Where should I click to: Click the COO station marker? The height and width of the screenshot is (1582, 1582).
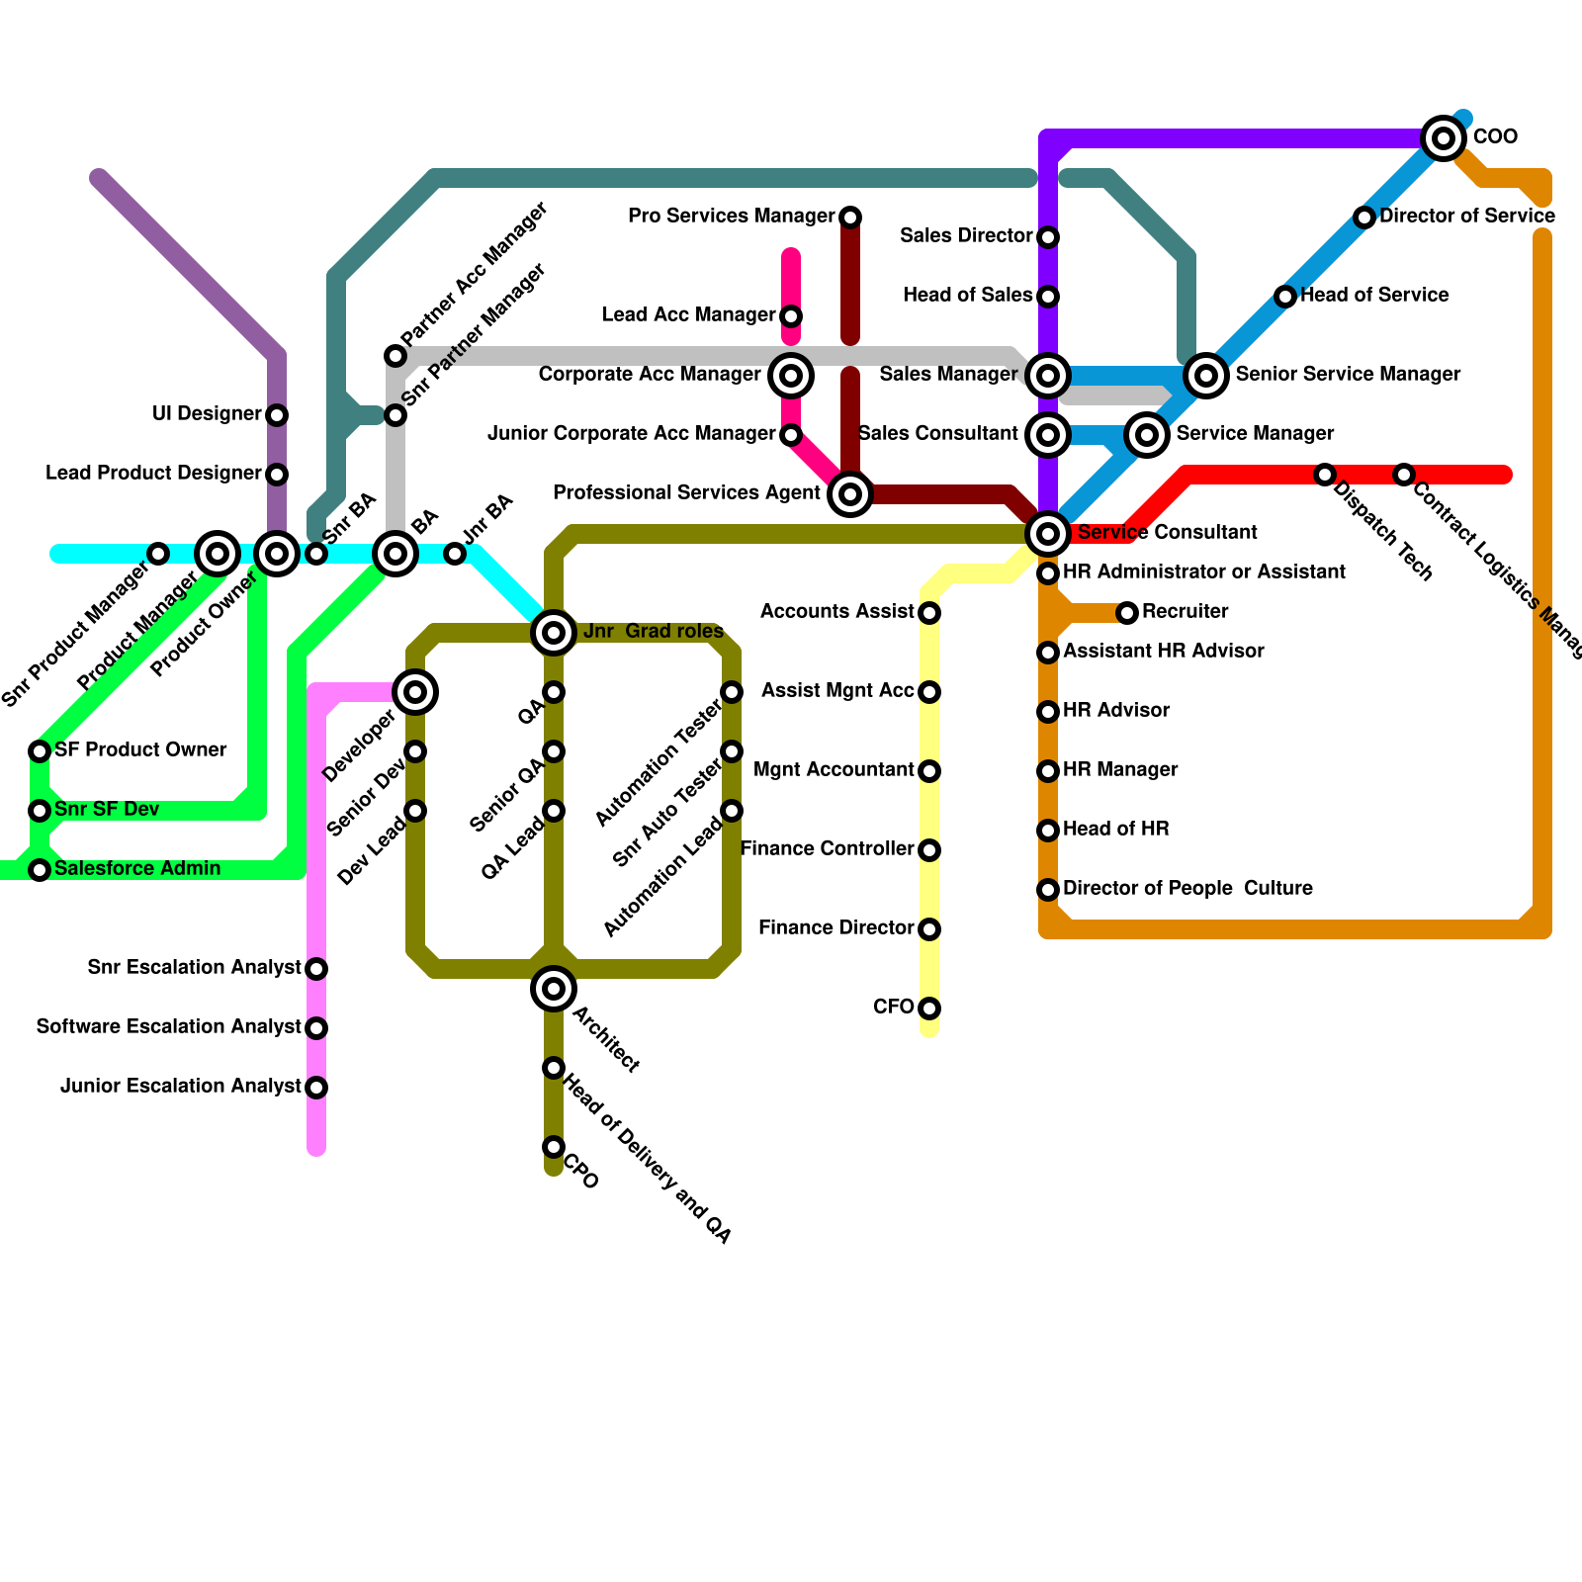[x=1443, y=137]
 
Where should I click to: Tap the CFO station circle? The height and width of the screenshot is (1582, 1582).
[x=929, y=1009]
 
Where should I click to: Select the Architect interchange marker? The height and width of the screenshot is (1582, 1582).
[x=554, y=988]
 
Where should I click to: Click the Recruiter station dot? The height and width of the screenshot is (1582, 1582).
[x=1127, y=613]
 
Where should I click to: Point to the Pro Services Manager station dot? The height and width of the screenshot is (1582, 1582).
[x=850, y=218]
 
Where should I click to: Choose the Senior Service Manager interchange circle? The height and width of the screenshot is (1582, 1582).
[x=1205, y=375]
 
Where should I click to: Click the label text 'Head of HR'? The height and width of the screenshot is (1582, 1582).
[x=1115, y=829]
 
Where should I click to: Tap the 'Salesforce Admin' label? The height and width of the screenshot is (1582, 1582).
[x=136, y=868]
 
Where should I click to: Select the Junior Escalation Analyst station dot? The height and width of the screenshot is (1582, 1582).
[x=316, y=1088]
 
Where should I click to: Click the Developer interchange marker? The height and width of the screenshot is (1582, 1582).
[x=415, y=691]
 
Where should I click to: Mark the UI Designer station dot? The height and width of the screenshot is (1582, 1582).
[x=277, y=415]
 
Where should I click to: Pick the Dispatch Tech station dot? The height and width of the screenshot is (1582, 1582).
[x=1325, y=475]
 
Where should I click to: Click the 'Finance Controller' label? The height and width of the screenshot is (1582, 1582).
[x=827, y=848]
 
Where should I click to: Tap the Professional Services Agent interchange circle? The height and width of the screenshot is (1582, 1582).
[x=849, y=493]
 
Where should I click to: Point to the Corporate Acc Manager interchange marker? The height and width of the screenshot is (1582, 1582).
[x=790, y=375]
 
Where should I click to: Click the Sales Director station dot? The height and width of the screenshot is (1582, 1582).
[x=1048, y=237]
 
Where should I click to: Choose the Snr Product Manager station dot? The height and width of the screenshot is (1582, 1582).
[x=158, y=554]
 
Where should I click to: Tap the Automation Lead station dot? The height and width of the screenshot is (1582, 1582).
[x=732, y=811]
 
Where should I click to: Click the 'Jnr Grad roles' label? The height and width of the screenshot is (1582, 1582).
[x=654, y=631]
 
